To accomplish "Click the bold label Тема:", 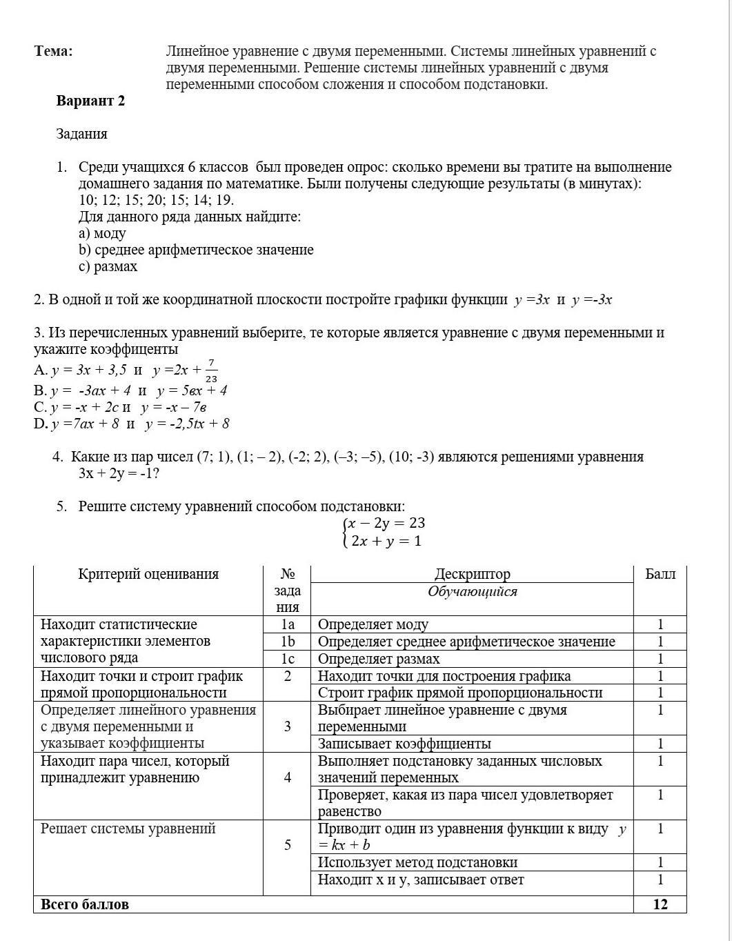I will (x=53, y=51).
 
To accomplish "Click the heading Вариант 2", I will (x=90, y=101).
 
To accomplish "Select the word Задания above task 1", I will (x=81, y=134).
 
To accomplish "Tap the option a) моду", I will (x=102, y=233).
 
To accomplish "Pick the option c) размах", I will (x=108, y=266).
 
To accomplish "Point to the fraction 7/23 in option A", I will (x=211, y=370).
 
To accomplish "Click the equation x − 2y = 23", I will (x=386, y=523).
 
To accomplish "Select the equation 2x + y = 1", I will (x=386, y=541).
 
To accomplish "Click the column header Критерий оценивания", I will (x=148, y=574).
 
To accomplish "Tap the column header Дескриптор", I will (x=472, y=574).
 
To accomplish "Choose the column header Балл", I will (x=660, y=574).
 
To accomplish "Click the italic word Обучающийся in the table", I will (x=472, y=591).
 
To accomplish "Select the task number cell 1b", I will (x=287, y=642).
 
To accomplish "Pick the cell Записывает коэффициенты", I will (x=404, y=744).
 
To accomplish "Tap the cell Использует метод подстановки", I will (x=417, y=862).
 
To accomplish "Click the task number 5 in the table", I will (x=287, y=845).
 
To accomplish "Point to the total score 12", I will (x=660, y=904).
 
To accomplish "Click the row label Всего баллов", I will (x=85, y=904).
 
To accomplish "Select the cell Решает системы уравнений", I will (x=128, y=829).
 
